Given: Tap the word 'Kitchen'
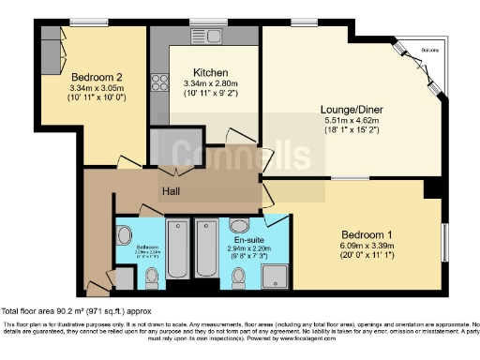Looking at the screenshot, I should pyautogui.click(x=206, y=74).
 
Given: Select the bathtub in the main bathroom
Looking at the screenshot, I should pyautogui.click(x=178, y=249).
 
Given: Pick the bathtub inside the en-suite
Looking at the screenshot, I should pyautogui.click(x=207, y=249).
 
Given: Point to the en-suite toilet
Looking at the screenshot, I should pyautogui.click(x=240, y=276).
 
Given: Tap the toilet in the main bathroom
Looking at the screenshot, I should pyautogui.click(x=152, y=276).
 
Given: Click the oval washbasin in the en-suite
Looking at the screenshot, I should pyautogui.click(x=240, y=225).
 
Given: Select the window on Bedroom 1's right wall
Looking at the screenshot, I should pyautogui.click(x=443, y=244).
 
